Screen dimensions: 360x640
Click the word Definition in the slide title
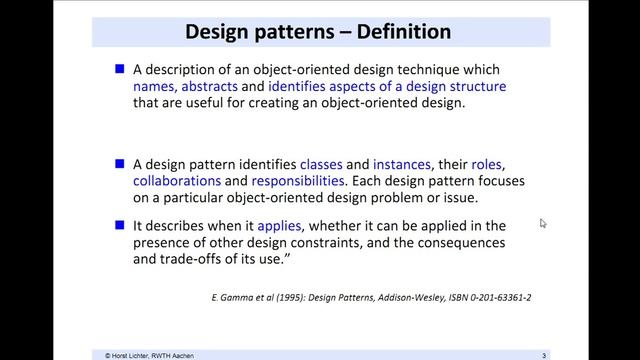(x=395, y=32)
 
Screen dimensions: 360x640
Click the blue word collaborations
(x=176, y=182)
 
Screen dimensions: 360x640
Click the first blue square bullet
(x=120, y=70)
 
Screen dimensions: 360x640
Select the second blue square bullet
(x=120, y=164)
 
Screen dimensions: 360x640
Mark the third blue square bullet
(x=120, y=227)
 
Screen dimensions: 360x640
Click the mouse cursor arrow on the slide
(x=543, y=223)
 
